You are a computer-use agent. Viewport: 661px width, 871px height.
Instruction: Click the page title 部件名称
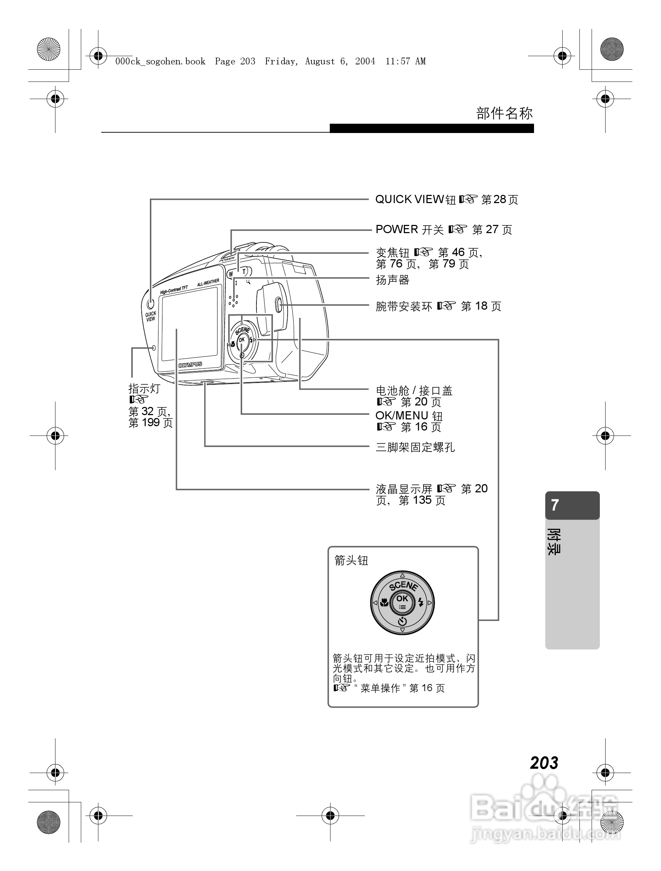(504, 113)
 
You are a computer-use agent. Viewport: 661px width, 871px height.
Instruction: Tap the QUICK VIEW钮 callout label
(415, 200)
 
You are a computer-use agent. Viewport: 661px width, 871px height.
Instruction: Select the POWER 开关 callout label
(409, 230)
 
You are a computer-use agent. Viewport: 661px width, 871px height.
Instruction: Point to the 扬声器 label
(392, 280)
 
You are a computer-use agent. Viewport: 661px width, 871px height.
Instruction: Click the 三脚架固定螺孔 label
(415, 447)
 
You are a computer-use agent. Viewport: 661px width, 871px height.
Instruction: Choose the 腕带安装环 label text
(404, 306)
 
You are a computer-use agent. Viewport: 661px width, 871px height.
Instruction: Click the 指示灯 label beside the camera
(144, 389)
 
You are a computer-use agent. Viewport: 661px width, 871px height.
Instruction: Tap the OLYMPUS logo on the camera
(190, 365)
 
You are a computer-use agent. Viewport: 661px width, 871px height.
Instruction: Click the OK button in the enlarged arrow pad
(402, 599)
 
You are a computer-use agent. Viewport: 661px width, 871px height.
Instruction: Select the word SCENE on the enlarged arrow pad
(403, 586)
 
